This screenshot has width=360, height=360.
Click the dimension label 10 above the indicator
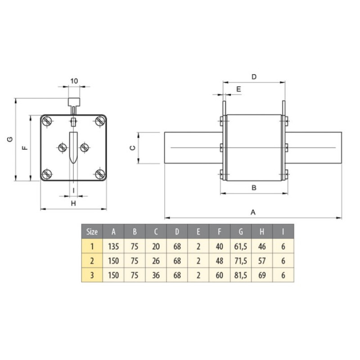tap(74, 81)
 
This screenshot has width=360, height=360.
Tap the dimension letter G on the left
tap(10, 139)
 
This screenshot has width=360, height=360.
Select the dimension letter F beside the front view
tap(25, 148)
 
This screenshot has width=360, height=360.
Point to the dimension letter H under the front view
tap(73, 203)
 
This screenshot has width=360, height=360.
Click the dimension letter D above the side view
tap(254, 77)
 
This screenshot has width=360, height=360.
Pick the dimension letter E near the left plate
tap(239, 89)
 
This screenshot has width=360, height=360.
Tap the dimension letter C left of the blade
tap(133, 148)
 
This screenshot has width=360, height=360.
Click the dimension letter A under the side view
tap(253, 212)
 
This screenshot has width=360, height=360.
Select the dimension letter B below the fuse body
tap(254, 188)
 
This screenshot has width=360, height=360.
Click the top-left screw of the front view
tap(47, 121)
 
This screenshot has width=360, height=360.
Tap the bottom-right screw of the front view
tap(100, 174)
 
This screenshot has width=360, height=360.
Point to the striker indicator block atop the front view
tap(74, 102)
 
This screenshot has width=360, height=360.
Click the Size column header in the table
tap(92, 232)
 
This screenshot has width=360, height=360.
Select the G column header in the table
tap(241, 232)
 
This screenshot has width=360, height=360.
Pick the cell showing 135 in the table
tap(113, 246)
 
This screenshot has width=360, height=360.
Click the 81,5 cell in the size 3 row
tap(241, 275)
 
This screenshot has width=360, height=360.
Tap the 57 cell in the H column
tap(262, 261)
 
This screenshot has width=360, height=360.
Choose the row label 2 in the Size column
tap(92, 261)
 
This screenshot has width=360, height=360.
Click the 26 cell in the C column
tap(156, 261)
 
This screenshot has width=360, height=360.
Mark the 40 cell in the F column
tap(220, 246)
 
